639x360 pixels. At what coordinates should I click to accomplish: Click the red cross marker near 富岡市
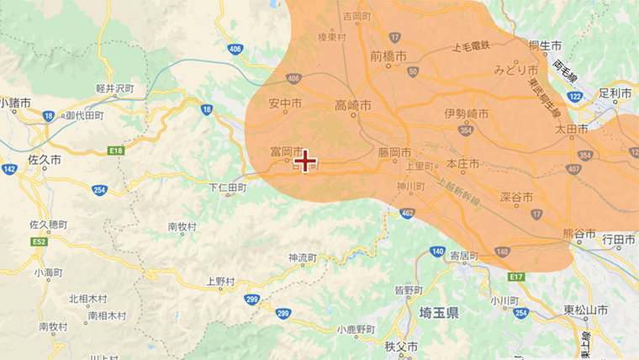pyautogui.click(x=305, y=161)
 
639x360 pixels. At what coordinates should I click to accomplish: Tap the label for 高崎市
pyautogui.click(x=353, y=105)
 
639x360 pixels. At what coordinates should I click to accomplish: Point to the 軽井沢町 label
pyautogui.click(x=115, y=87)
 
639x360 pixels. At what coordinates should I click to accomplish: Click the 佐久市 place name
pyautogui.click(x=44, y=159)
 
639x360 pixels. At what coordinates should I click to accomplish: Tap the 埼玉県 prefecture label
pyautogui.click(x=439, y=313)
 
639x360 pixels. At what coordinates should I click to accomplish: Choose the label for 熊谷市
pyautogui.click(x=578, y=233)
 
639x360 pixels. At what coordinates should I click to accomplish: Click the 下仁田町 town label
pyautogui.click(x=227, y=188)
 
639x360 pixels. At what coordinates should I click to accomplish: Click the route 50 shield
pyautogui.click(x=412, y=71)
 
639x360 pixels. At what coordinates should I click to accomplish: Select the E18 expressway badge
pyautogui.click(x=116, y=151)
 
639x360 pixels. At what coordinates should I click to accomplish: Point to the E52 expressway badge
pyautogui.click(x=40, y=241)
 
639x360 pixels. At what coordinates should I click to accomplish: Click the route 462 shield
pyautogui.click(x=407, y=214)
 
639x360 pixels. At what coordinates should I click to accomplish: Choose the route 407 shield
pyautogui.click(x=573, y=171)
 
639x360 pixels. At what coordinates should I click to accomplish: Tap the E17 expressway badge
pyautogui.click(x=515, y=277)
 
